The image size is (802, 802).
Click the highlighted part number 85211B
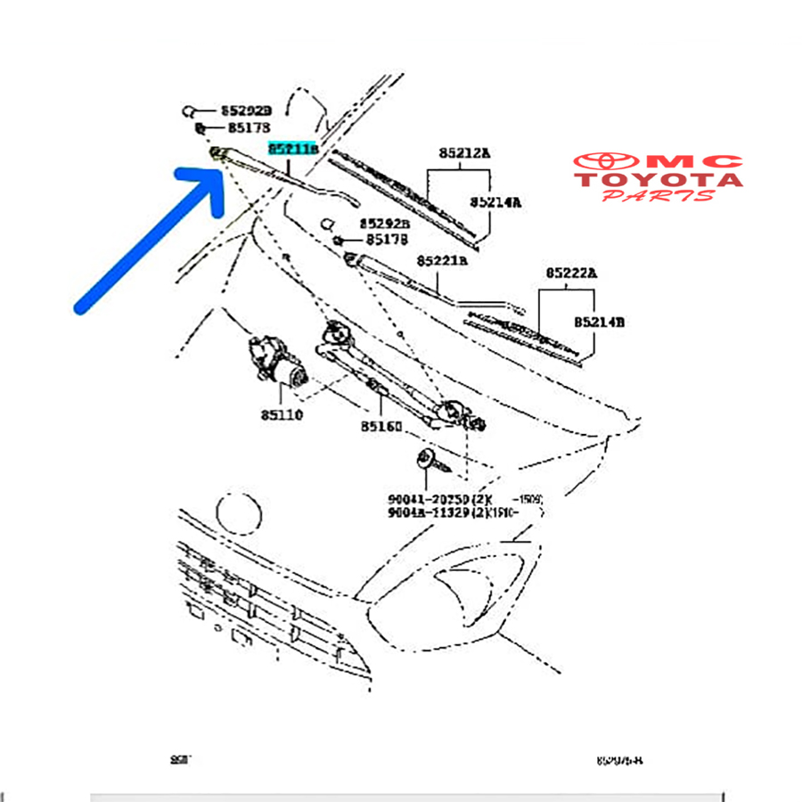[293, 150]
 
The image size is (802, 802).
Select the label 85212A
[464, 153]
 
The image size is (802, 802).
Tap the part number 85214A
[495, 202]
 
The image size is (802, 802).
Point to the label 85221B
[442, 261]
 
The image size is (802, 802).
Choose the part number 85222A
[571, 273]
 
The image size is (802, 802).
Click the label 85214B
[598, 322]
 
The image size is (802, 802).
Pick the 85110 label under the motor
[282, 414]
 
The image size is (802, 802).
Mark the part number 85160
[381, 427]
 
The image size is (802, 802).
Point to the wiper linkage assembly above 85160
[392, 374]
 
